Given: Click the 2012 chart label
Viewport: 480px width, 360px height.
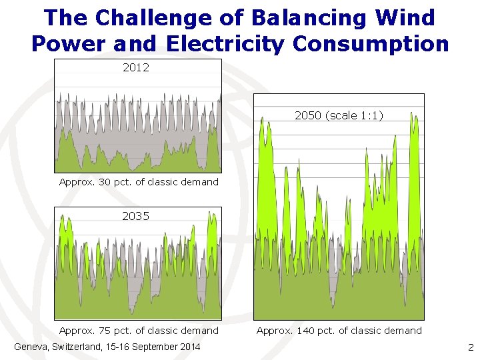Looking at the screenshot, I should pos(136,67).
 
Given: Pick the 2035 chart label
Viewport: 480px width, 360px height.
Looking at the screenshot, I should pos(135,216).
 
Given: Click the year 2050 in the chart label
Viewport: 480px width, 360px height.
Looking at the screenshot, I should pos(307,115).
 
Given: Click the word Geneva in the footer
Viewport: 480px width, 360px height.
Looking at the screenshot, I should pos(31,347).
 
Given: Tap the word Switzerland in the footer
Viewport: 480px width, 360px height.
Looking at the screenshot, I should pos(77,347).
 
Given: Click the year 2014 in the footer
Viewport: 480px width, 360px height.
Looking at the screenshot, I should pos(189,347).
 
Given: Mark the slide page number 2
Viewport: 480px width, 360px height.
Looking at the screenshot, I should pos(471,347).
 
